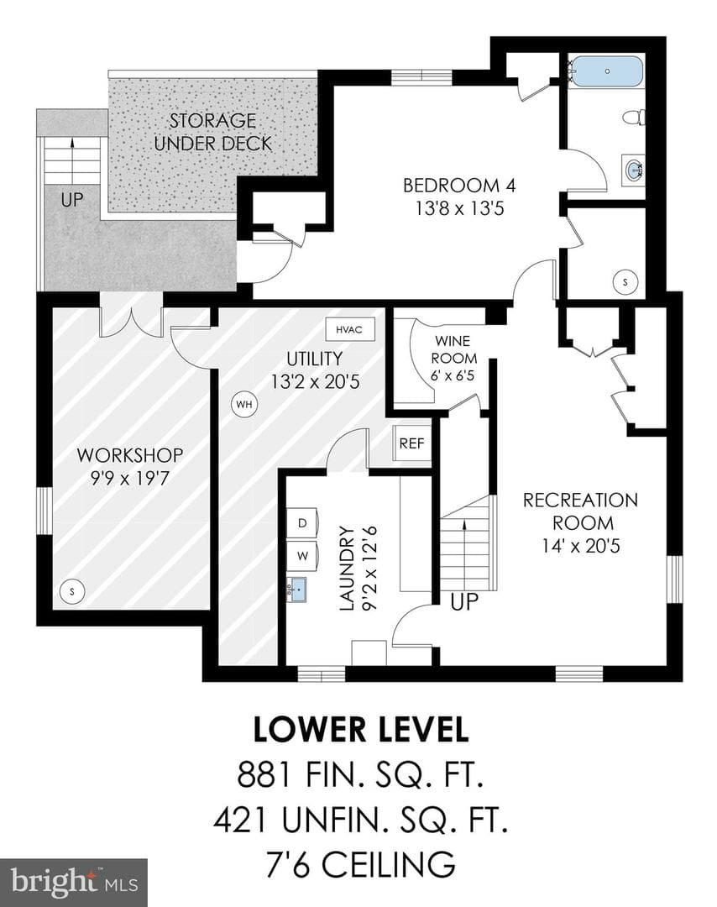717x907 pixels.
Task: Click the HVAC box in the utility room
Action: click(350, 329)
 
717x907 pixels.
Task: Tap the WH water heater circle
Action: click(244, 404)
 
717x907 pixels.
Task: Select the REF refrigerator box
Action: click(411, 443)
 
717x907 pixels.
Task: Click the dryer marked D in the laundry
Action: click(302, 523)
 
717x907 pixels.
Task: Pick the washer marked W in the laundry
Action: click(302, 557)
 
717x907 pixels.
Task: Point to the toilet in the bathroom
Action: click(634, 118)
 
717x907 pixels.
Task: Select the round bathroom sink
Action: click(635, 170)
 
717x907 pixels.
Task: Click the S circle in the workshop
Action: click(72, 591)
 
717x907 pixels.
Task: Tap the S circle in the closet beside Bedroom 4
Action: click(625, 282)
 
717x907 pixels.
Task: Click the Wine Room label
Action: click(454, 349)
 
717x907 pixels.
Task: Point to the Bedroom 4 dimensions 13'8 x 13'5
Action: click(460, 208)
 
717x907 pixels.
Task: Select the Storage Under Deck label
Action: click(212, 132)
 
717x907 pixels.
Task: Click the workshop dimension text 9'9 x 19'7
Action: click(129, 479)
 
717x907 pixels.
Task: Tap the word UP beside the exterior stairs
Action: click(72, 200)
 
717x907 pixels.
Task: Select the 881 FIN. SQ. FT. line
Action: click(359, 774)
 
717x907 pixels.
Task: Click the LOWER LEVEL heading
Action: click(361, 730)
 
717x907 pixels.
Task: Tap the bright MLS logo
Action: click(74, 883)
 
